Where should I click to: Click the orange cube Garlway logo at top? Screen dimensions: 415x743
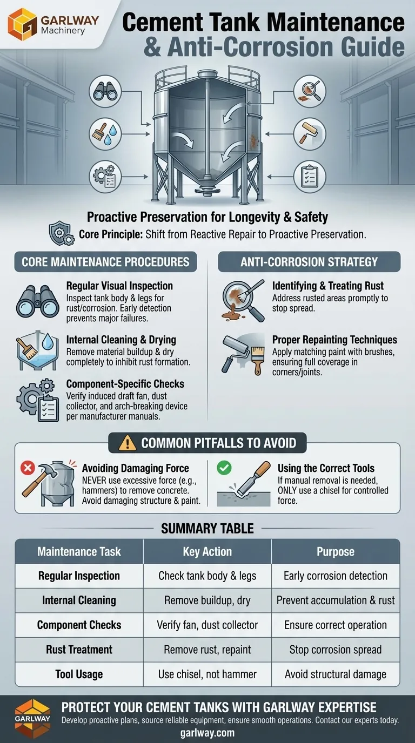pyautogui.click(x=23, y=24)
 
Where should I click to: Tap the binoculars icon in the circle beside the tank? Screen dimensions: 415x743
pyautogui.click(x=105, y=92)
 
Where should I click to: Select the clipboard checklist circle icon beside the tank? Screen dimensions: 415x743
pyautogui.click(x=310, y=176)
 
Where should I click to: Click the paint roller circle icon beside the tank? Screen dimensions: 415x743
pyautogui.click(x=310, y=134)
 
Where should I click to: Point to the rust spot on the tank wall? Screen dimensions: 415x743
pyautogui.click(x=253, y=140)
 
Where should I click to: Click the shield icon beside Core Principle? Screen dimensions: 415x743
pyautogui.click(x=62, y=233)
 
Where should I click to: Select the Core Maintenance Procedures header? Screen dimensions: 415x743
pyautogui.click(x=105, y=262)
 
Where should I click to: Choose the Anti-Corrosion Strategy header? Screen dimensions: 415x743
pyautogui.click(x=309, y=262)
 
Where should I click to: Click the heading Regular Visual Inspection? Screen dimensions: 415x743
pyautogui.click(x=119, y=286)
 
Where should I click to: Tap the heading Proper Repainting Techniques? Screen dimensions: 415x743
pyautogui.click(x=334, y=340)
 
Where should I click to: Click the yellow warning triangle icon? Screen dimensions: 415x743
pyautogui.click(x=127, y=443)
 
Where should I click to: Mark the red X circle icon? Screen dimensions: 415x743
pyautogui.click(x=28, y=468)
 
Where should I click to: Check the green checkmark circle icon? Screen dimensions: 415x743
pyautogui.click(x=224, y=468)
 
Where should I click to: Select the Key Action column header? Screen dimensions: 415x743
pyautogui.click(x=207, y=552)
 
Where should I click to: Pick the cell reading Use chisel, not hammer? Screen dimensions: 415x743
pyautogui.click(x=207, y=674)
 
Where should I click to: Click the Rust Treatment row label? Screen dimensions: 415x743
pyautogui.click(x=79, y=650)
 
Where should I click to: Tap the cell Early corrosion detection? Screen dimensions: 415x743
pyautogui.click(x=336, y=576)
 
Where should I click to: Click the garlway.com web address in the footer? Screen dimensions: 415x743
pyautogui.click(x=207, y=732)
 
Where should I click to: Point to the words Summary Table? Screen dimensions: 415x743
pyautogui.click(x=207, y=529)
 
